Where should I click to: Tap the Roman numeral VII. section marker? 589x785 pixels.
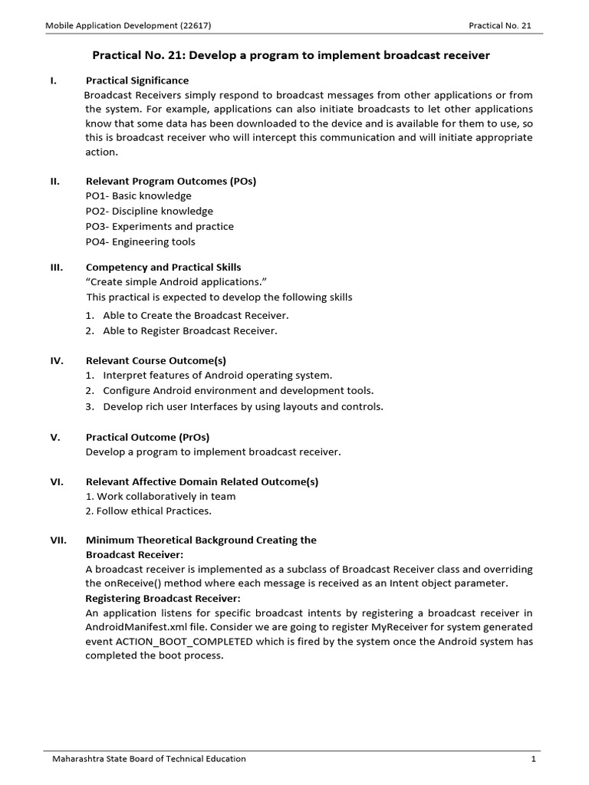(x=59, y=540)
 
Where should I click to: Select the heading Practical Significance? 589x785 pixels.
(x=137, y=80)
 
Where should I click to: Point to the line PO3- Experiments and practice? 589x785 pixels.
(x=160, y=226)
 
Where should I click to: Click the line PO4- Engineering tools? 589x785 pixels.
(x=140, y=241)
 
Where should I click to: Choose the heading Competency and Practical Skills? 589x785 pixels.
(x=163, y=267)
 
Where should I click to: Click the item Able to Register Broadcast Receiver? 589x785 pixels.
(x=189, y=331)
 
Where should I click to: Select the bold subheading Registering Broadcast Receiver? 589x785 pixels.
(x=163, y=598)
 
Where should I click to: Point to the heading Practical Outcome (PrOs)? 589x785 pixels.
(x=147, y=437)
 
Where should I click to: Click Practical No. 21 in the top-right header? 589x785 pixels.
(x=499, y=25)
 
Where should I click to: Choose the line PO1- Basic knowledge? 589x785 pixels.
(x=139, y=195)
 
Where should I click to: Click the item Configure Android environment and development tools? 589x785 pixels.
(x=239, y=391)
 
